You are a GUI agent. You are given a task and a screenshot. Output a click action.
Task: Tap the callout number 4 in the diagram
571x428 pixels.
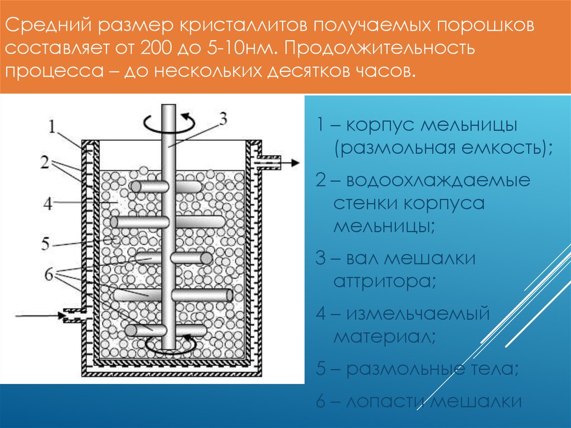coord(49,204)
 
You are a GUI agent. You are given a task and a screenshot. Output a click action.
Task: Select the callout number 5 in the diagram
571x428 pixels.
coord(47,244)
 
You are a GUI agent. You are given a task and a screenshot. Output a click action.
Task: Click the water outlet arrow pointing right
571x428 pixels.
coord(290,162)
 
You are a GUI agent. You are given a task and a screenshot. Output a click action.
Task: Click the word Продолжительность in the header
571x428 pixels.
coord(379,48)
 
